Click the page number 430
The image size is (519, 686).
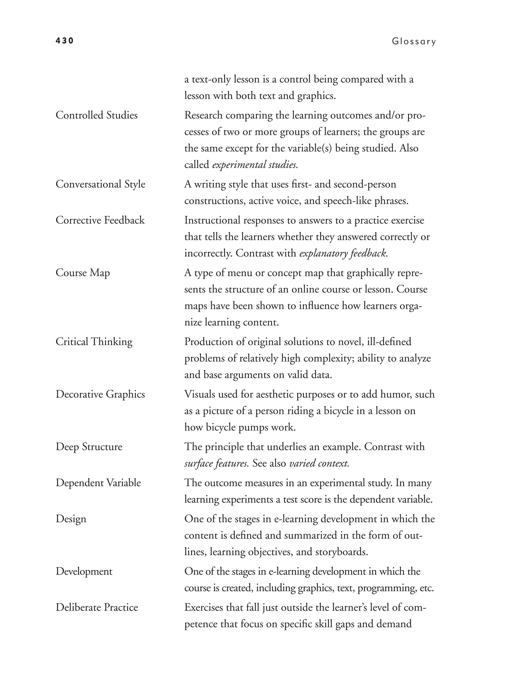[64, 41]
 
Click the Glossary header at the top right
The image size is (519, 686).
[414, 42]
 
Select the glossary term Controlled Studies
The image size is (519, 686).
[96, 115]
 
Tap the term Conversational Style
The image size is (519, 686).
[100, 184]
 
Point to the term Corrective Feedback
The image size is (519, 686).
[100, 220]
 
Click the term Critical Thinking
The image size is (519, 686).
[94, 342]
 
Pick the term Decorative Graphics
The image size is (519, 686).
[100, 394]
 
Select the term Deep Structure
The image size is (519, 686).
[89, 447]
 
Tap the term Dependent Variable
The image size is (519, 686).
[98, 483]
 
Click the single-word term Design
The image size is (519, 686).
[71, 519]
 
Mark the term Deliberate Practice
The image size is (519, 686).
[97, 607]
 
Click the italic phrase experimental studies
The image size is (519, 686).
[255, 165]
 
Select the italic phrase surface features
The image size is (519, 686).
[216, 464]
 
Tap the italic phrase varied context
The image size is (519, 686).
[319, 464]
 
